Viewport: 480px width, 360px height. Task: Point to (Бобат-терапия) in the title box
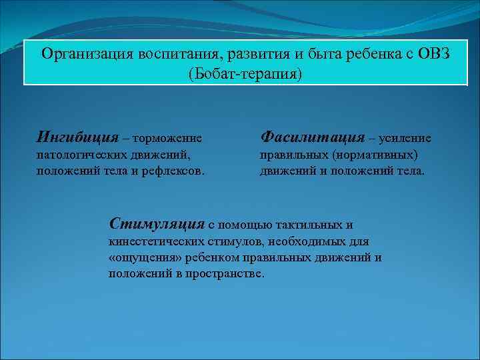(245, 72)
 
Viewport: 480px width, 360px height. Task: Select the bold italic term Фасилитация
(312, 137)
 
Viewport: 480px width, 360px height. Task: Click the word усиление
(405, 139)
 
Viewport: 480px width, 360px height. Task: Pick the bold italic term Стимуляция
(157, 223)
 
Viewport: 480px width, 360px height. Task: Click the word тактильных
(313, 225)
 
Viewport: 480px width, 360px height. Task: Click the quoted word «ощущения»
(140, 257)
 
